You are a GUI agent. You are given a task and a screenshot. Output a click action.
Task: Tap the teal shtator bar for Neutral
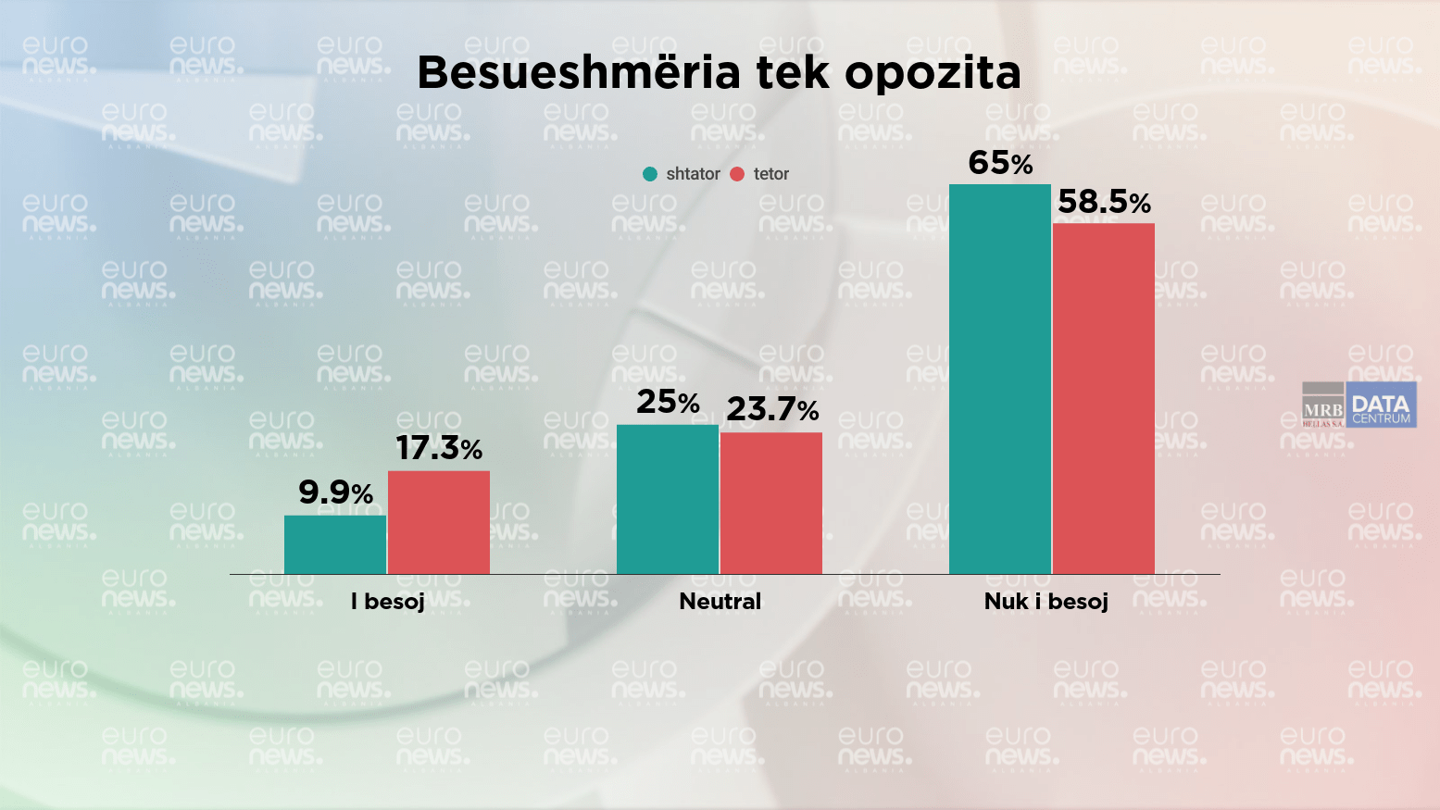tap(668, 499)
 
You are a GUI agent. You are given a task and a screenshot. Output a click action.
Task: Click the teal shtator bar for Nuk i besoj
tap(1000, 379)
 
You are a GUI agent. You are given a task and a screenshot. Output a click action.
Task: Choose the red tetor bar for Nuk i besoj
tap(1104, 398)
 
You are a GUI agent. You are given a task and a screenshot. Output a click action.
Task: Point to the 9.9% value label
tap(335, 492)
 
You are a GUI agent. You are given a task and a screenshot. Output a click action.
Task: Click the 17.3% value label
tap(439, 448)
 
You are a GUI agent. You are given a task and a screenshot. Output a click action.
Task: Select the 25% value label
tap(668, 402)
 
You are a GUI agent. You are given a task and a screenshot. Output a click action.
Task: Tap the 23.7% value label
tap(772, 409)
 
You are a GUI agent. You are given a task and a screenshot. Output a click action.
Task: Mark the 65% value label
tap(1000, 163)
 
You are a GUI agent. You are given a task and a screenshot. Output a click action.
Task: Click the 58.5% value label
tap(1104, 202)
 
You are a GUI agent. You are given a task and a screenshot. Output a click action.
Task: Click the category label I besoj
tap(388, 602)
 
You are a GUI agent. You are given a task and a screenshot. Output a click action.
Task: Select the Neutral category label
tap(720, 602)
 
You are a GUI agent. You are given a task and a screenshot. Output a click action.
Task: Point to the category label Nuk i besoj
tap(1046, 602)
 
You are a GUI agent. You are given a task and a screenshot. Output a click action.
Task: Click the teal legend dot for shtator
tap(650, 174)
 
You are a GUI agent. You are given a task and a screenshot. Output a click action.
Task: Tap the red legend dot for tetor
tap(737, 174)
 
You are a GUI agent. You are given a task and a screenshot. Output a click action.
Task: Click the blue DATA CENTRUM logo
tap(1381, 405)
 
